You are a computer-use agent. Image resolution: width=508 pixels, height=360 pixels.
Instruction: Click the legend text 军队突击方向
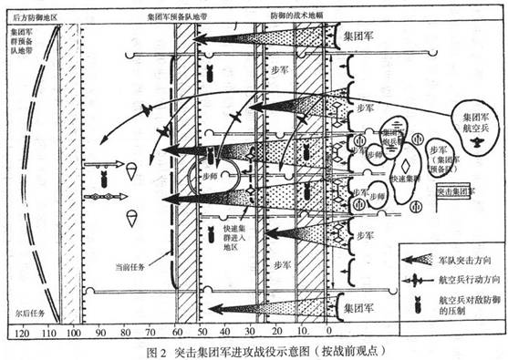[461, 258]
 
